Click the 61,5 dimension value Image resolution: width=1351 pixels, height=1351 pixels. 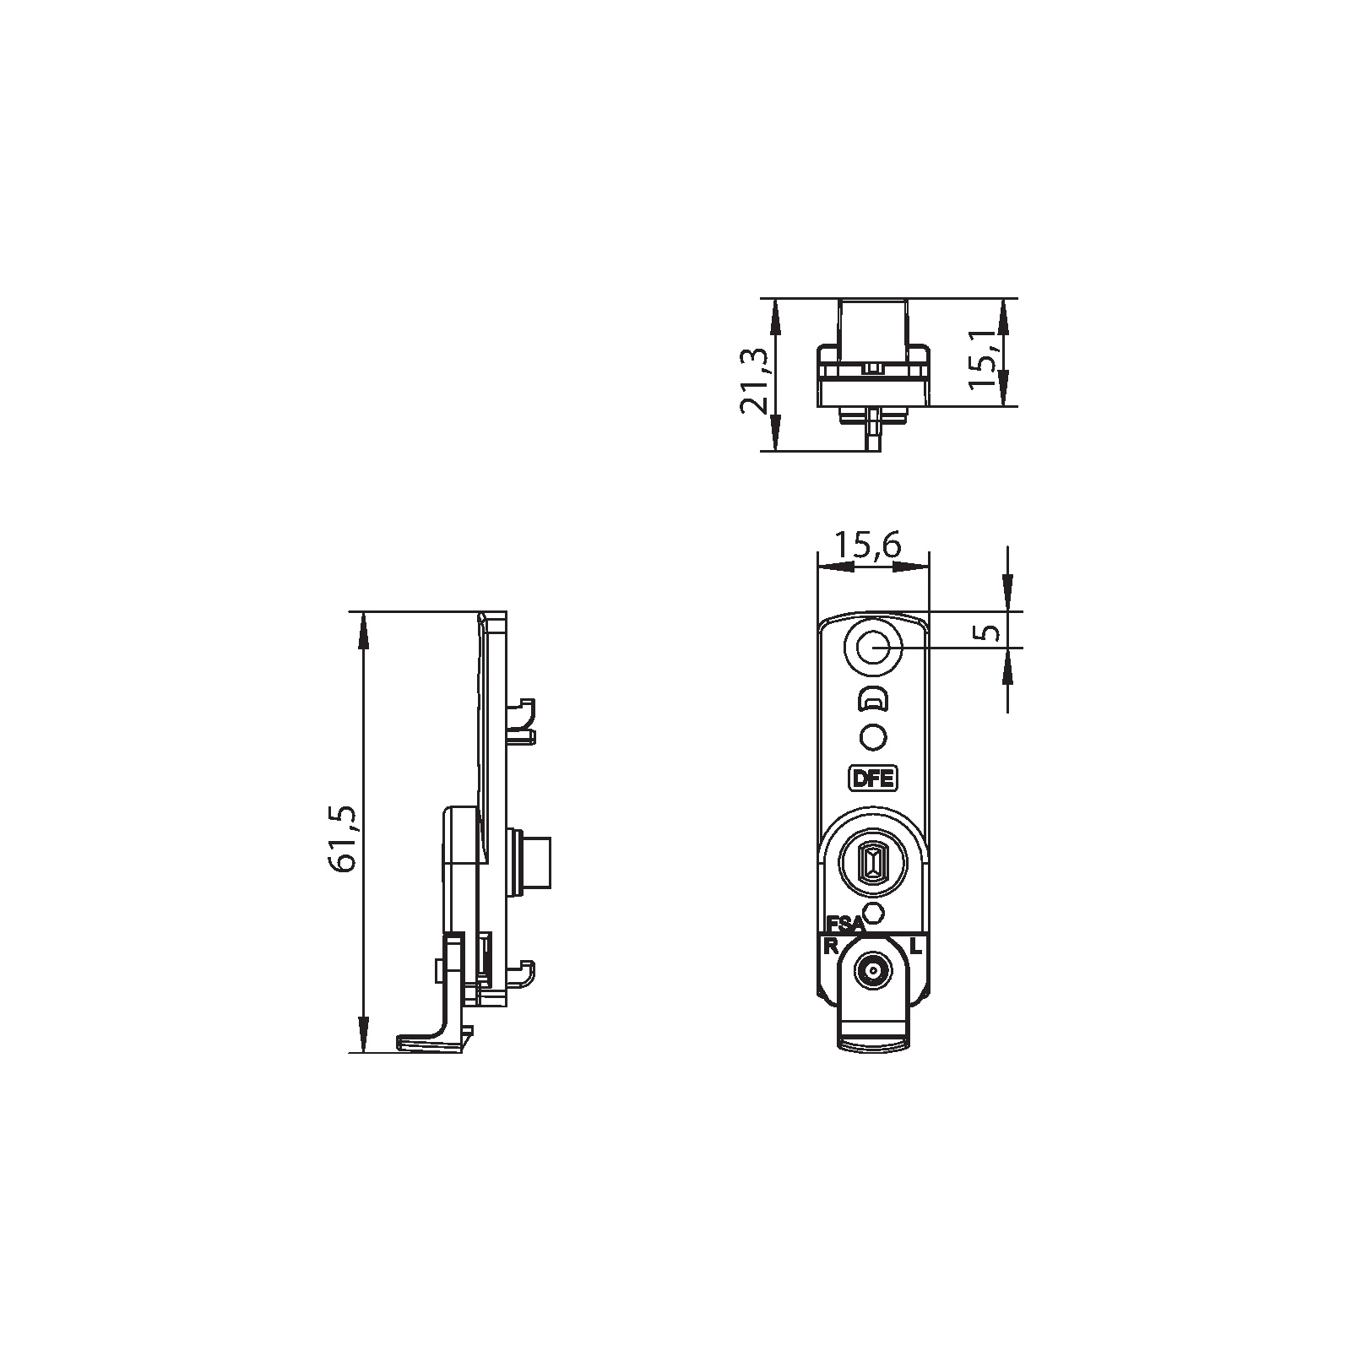[347, 838]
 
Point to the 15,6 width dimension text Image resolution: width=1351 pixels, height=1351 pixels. [867, 545]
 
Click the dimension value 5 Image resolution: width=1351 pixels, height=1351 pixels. [991, 632]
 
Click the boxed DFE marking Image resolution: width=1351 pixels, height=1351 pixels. [873, 778]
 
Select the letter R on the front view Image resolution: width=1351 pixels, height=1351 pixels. [831, 946]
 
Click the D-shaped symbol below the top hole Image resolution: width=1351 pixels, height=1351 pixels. [873, 700]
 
